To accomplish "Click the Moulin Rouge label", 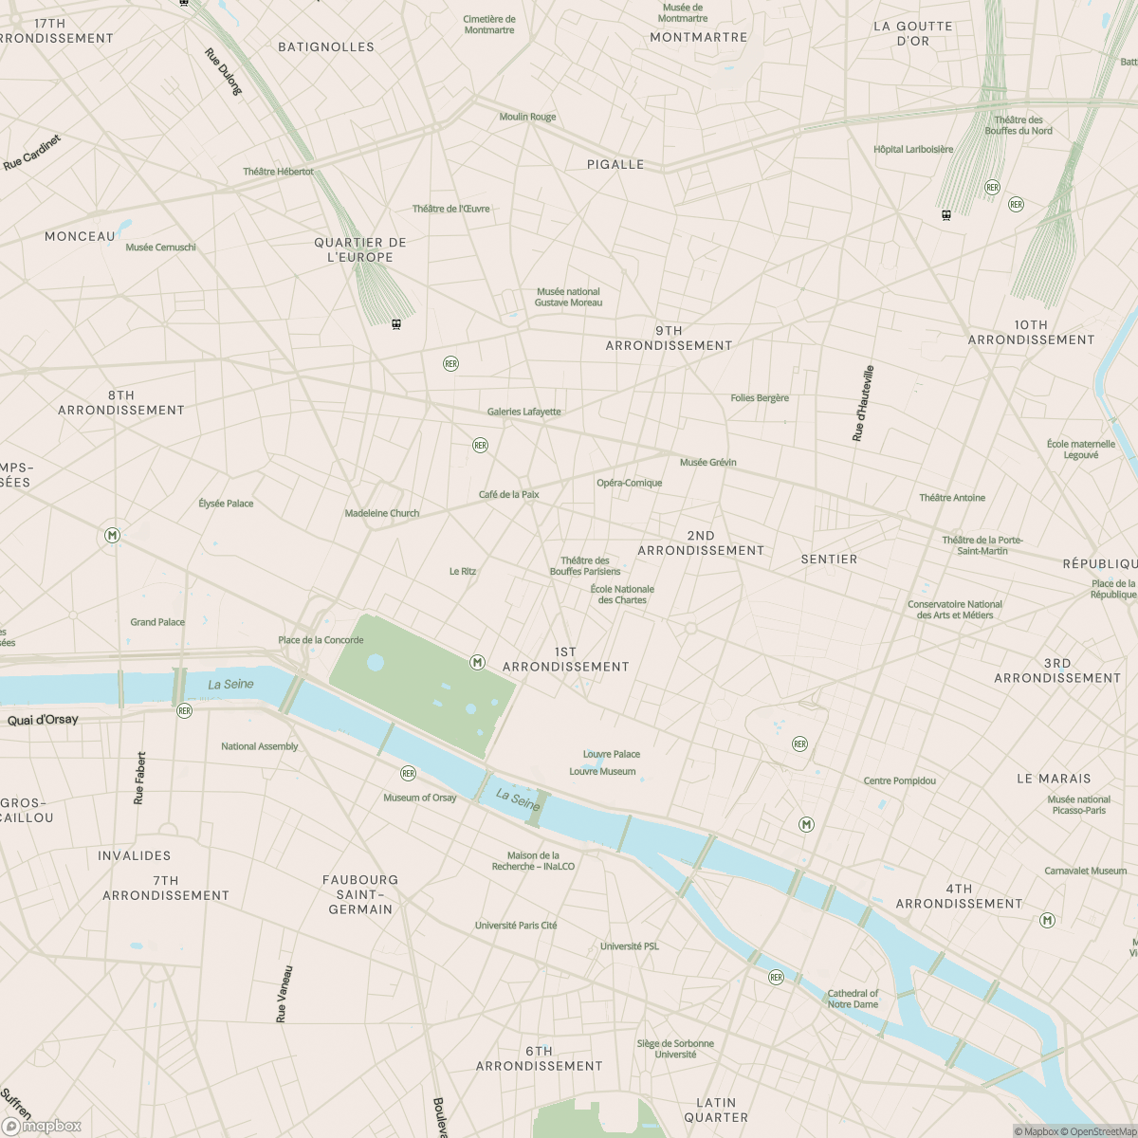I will (x=527, y=117).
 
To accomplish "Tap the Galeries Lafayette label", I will (x=523, y=412).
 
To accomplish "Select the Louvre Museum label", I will (x=602, y=771).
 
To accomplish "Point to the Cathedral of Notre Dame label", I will (x=853, y=999).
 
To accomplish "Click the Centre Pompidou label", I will (x=899, y=780).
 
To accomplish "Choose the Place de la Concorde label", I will (x=321, y=640).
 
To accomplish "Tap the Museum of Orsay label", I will (x=419, y=798).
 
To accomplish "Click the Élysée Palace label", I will (x=226, y=504).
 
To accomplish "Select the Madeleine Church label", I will (x=381, y=513).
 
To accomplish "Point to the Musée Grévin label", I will (x=707, y=462).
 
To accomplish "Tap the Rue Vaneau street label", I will (x=284, y=994).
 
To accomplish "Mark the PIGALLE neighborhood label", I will (x=615, y=164).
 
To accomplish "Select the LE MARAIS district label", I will (x=1054, y=779).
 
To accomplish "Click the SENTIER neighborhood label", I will (x=829, y=560).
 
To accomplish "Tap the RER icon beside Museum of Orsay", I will (x=408, y=774).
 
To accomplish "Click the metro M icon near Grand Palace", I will (x=113, y=536).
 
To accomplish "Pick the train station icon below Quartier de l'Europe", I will (x=396, y=324).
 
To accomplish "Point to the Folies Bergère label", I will (x=760, y=398).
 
